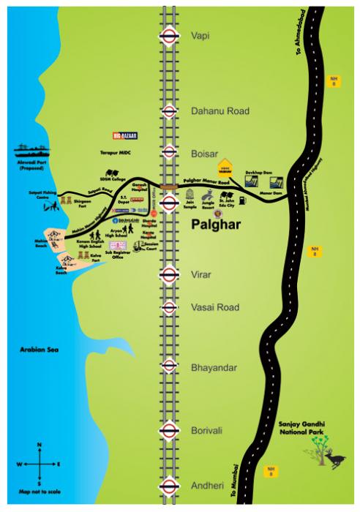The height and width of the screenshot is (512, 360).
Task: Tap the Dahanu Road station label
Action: click(x=220, y=111)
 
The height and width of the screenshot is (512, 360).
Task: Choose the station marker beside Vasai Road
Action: click(x=169, y=307)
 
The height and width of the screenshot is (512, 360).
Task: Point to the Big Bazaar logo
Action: click(x=125, y=135)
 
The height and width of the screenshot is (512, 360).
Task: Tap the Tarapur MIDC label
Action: click(x=116, y=156)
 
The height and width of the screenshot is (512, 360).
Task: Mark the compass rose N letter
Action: click(x=40, y=445)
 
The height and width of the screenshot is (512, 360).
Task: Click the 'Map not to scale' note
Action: click(x=40, y=490)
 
